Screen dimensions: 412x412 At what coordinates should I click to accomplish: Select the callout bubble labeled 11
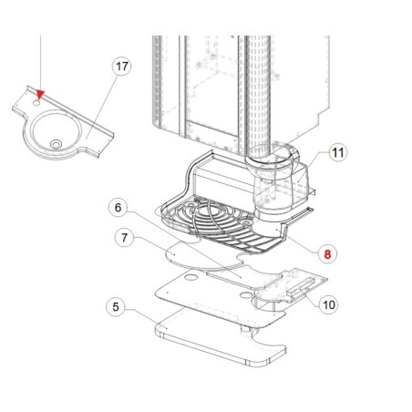[337, 152]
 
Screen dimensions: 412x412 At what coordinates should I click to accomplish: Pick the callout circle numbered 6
[116, 207]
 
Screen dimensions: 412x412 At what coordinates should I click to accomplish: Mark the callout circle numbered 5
[114, 307]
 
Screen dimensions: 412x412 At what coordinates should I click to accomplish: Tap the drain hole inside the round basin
[57, 143]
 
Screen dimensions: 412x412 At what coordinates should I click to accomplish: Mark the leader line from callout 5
[141, 315]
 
